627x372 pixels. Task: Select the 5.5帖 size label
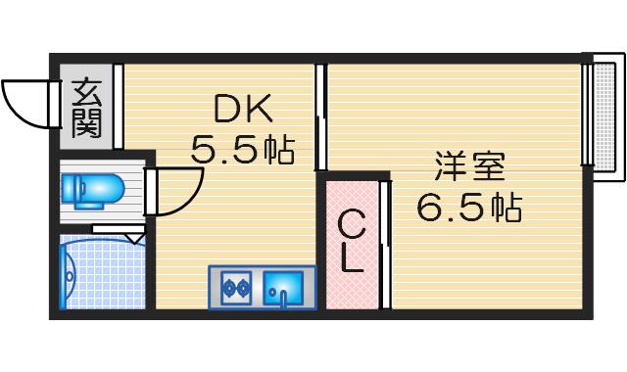click(x=242, y=150)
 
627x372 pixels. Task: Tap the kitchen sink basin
click(x=287, y=288)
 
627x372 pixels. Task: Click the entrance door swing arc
click(x=27, y=104)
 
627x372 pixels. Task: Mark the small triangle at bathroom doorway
click(x=136, y=237)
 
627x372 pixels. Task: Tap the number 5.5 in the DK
click(x=224, y=150)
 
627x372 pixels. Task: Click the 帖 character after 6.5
click(x=505, y=208)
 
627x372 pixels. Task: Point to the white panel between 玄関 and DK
click(x=118, y=106)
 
